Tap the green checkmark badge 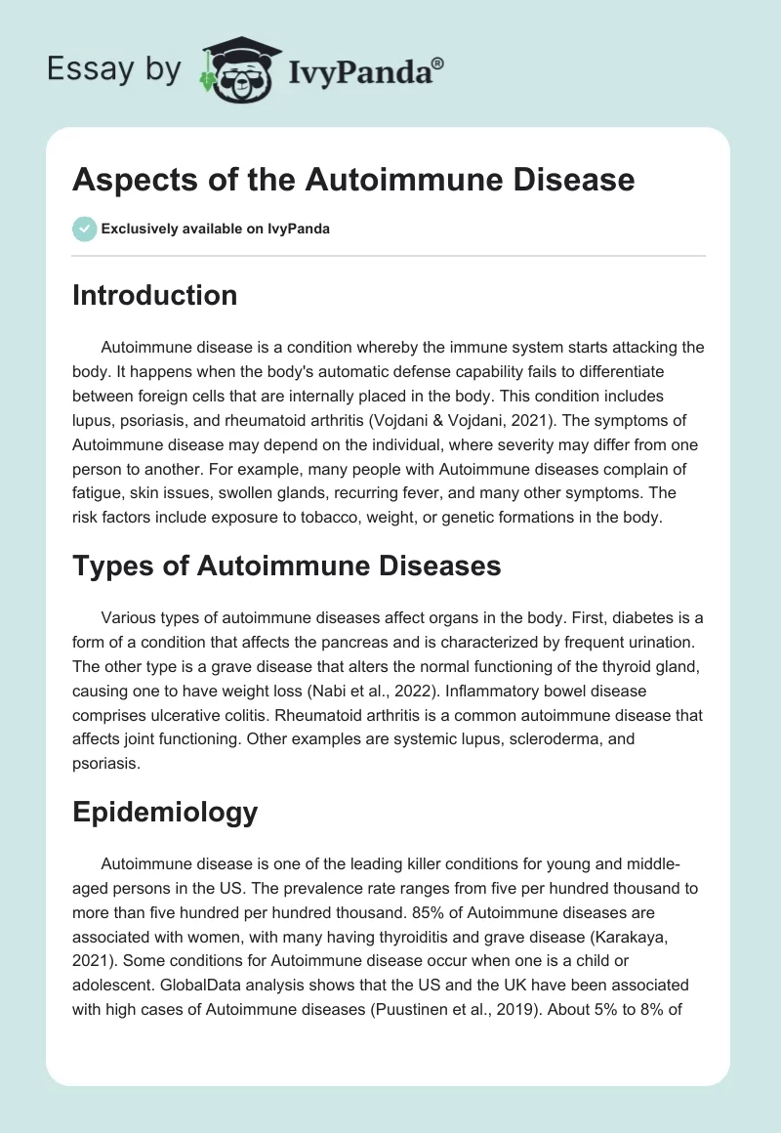[84, 229]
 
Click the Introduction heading [154, 295]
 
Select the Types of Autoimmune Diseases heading [286, 565]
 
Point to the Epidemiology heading [165, 812]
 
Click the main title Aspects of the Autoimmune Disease [353, 180]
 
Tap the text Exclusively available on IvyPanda [216, 230]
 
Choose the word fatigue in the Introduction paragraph [99, 492]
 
